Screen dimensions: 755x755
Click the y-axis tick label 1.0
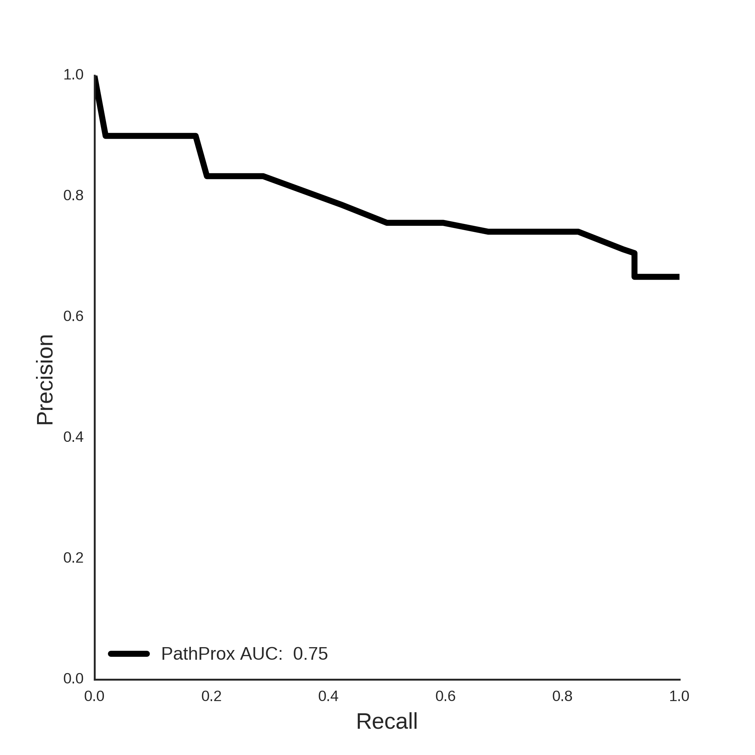pos(73,75)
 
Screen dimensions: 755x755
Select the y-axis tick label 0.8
pos(73,196)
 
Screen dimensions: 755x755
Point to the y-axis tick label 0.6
pos(73,316)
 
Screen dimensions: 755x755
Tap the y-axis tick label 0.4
pos(73,437)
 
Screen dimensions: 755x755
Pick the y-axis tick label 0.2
pos(73,558)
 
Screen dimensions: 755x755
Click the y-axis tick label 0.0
pos(73,679)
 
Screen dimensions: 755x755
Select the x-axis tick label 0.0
pos(95,696)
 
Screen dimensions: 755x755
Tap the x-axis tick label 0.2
pos(211,696)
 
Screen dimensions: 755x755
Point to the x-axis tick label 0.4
pos(328,696)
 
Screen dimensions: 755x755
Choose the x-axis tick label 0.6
pos(445,696)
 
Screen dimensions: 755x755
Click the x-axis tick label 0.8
pos(562,696)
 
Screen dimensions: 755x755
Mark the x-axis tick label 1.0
pos(679,696)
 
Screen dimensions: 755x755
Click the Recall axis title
pos(387,722)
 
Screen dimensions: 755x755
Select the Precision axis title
pos(45,380)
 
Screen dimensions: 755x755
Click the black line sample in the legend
pos(129,654)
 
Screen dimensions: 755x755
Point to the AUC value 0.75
pos(310,654)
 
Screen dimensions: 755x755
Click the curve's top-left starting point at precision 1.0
pos(95,76)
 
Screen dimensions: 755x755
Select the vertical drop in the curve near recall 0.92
pos(634,265)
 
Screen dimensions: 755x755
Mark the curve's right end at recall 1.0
pos(679,277)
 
